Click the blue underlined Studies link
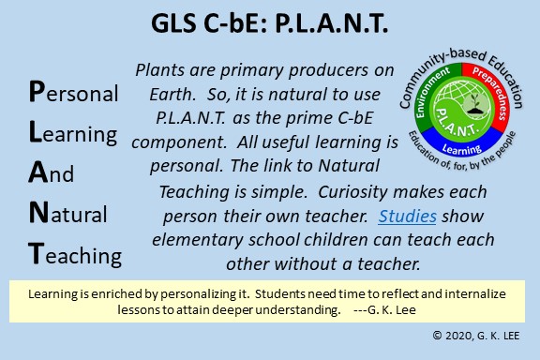408,217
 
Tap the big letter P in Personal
37,91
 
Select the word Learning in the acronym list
73,133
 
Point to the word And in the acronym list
51,172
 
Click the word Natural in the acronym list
67,213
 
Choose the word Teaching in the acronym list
75,255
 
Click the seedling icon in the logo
475,104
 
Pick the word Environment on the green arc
431,91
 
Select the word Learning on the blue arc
461,149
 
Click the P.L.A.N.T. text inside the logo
457,122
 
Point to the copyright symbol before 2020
437,336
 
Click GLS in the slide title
173,23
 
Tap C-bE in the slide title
235,23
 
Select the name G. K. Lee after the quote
392,309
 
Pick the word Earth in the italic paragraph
172,94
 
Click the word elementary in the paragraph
197,240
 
